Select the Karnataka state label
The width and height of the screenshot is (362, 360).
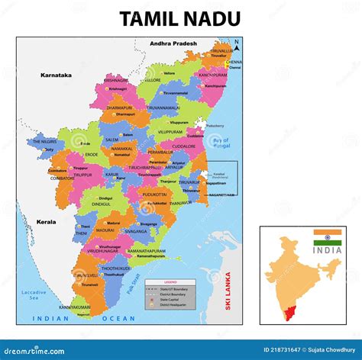pyautogui.click(x=56, y=75)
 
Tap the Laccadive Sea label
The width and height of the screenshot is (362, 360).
pyautogui.click(x=33, y=295)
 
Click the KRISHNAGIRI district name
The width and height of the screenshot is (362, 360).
pyautogui.click(x=116, y=80)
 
